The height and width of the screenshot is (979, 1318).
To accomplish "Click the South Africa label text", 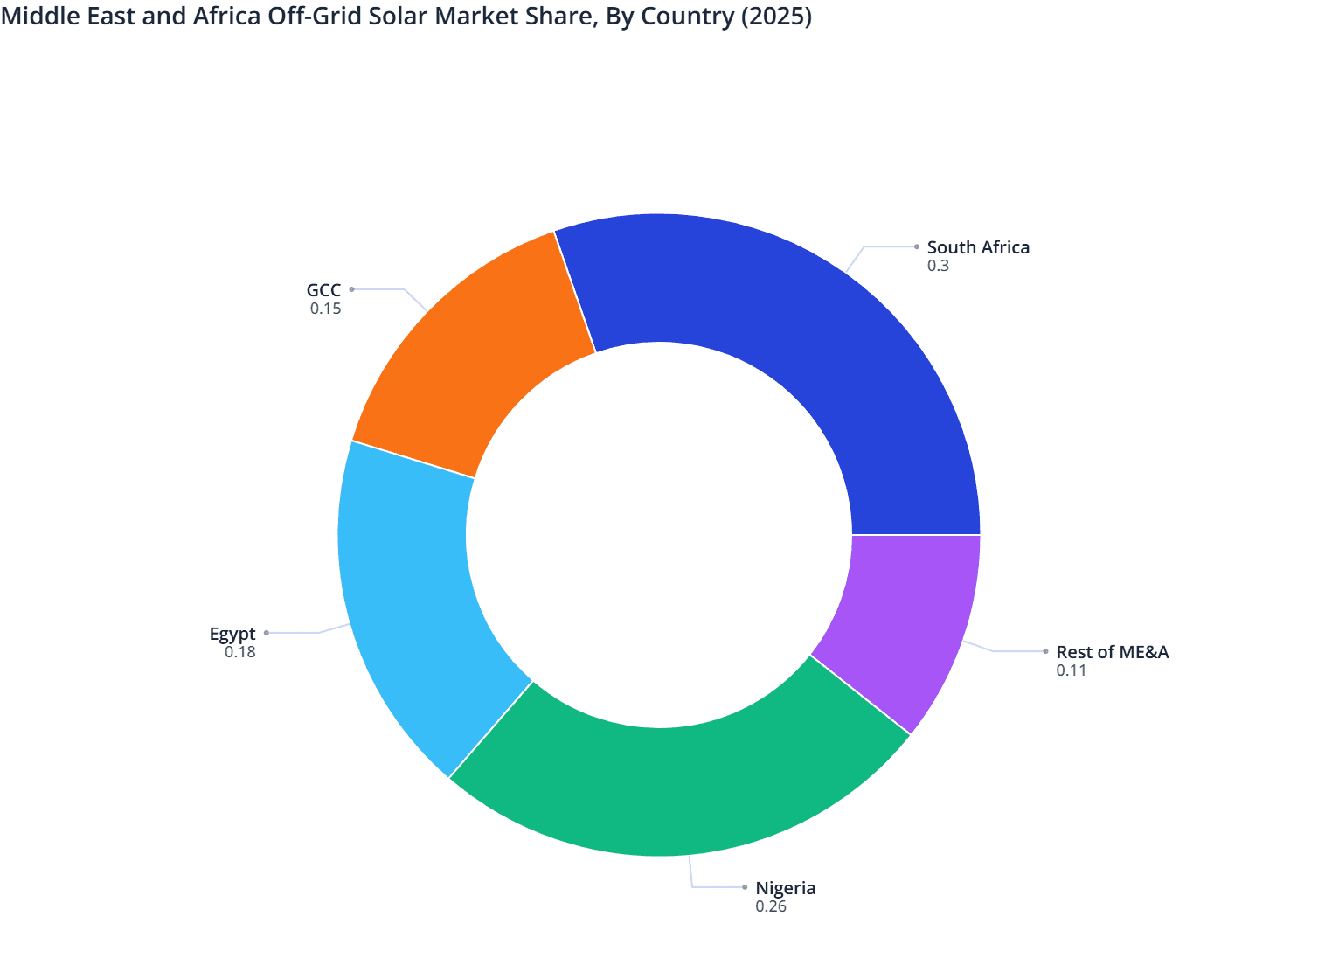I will click(978, 247).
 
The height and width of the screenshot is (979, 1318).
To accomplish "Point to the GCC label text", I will click(323, 290).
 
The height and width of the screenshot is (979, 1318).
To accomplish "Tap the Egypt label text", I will click(232, 634).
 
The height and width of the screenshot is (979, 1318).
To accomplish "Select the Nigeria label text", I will click(785, 888).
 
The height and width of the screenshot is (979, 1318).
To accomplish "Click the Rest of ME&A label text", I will click(1112, 652).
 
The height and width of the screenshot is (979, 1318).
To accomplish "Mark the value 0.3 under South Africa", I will click(938, 266).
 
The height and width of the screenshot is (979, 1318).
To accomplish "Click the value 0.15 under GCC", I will click(325, 309).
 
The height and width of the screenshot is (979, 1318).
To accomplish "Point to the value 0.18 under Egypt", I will click(240, 652).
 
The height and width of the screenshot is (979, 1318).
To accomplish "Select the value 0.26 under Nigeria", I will click(771, 906).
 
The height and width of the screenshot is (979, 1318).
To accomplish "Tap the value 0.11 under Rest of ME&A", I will click(1071, 670).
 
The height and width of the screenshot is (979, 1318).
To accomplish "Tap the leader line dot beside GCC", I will click(351, 288).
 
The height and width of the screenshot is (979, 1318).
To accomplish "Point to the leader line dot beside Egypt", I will click(267, 633).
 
